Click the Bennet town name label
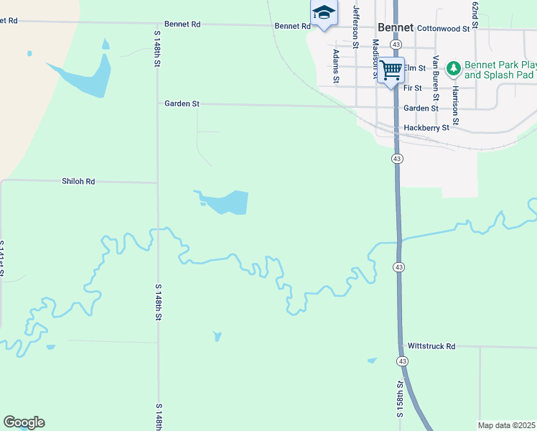coord(396,28)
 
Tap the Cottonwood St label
coord(442,28)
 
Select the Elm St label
coord(415,68)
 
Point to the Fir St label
coord(412,88)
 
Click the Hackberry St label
coord(426,127)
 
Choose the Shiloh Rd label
coord(78,182)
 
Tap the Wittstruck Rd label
coord(431,346)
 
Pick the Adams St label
coord(335,64)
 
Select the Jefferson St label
coord(355,25)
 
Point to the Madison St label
coord(375,58)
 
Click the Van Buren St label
coord(435,75)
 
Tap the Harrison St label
coord(454,87)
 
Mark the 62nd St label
coord(475,12)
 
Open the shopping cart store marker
coord(391,70)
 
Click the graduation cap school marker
coord(324,12)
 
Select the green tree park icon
coord(453,69)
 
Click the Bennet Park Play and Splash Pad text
coord(499,70)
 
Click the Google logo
coord(24,422)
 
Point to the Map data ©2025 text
coord(506,425)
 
